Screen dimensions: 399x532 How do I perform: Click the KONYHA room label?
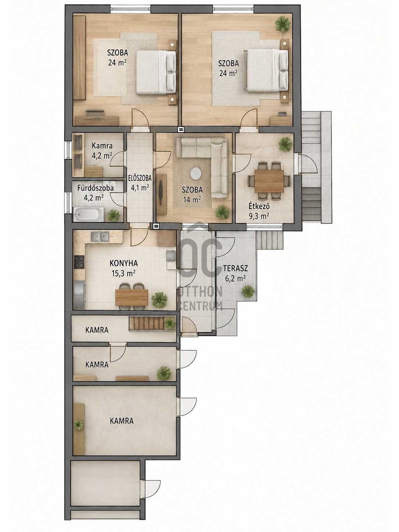coord(123,263)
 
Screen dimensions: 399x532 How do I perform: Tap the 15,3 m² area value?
coord(123,273)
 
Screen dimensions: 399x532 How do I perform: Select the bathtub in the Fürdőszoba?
coord(89,214)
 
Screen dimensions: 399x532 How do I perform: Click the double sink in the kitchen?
coord(100,237)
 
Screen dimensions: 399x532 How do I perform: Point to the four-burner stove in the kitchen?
coord(79,262)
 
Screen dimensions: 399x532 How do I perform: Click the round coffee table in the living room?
coord(196,174)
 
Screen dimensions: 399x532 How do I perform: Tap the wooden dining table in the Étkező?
coord(269,181)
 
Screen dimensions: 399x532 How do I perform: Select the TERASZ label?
coord(235,268)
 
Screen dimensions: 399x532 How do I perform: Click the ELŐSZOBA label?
coord(140,178)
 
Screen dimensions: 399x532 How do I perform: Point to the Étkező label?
coord(259,206)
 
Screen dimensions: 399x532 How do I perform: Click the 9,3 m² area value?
coord(259,216)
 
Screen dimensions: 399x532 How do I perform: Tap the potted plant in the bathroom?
coord(114,215)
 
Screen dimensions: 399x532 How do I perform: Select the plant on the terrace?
coord(248,292)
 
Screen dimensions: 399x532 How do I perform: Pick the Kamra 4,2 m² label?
coord(102,151)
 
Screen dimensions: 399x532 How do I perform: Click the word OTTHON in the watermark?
coord(200,292)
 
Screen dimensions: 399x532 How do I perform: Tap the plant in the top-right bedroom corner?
coord(283,24)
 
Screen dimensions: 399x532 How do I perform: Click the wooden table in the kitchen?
coord(132,298)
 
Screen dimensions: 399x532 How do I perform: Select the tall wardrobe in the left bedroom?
coord(79,58)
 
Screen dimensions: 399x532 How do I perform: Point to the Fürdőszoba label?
coord(96,188)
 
